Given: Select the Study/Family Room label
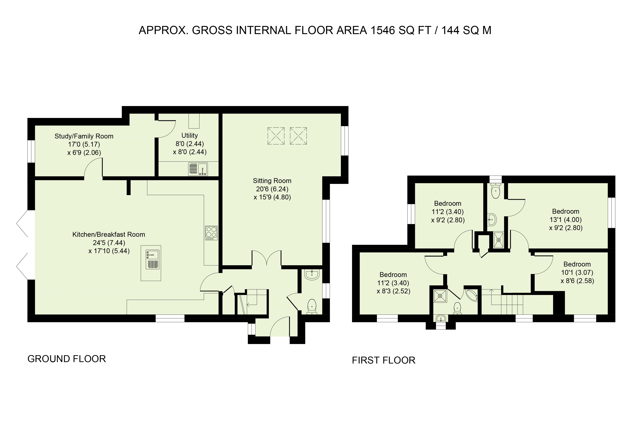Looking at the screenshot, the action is pos(84,136).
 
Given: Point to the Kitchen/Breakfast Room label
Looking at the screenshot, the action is pos(109,234).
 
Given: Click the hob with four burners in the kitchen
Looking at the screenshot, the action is pos(211,233).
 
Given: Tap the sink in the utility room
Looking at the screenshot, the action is pos(198,169).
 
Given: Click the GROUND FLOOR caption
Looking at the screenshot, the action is pos(67,359).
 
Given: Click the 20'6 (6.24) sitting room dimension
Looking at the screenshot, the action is pos(272,189).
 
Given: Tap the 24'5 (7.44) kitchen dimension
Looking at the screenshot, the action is pos(109,243).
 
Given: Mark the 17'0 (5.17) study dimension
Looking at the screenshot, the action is pos(84,144).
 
